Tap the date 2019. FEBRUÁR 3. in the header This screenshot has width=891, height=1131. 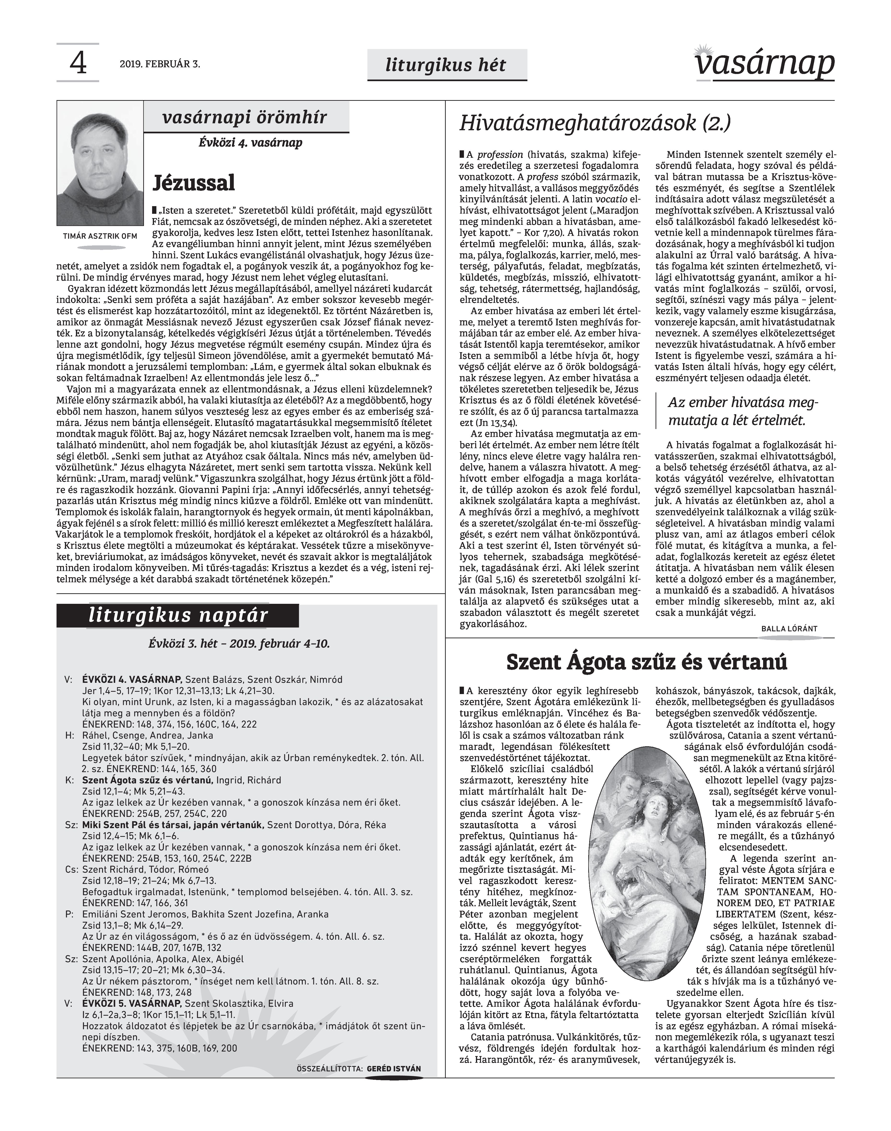[x=160, y=65]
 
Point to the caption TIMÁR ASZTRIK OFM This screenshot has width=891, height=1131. [x=100, y=236]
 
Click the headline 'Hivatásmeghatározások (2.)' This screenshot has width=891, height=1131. [x=595, y=124]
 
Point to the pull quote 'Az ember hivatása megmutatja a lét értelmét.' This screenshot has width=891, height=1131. [x=743, y=411]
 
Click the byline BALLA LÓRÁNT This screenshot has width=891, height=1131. [x=789, y=629]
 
